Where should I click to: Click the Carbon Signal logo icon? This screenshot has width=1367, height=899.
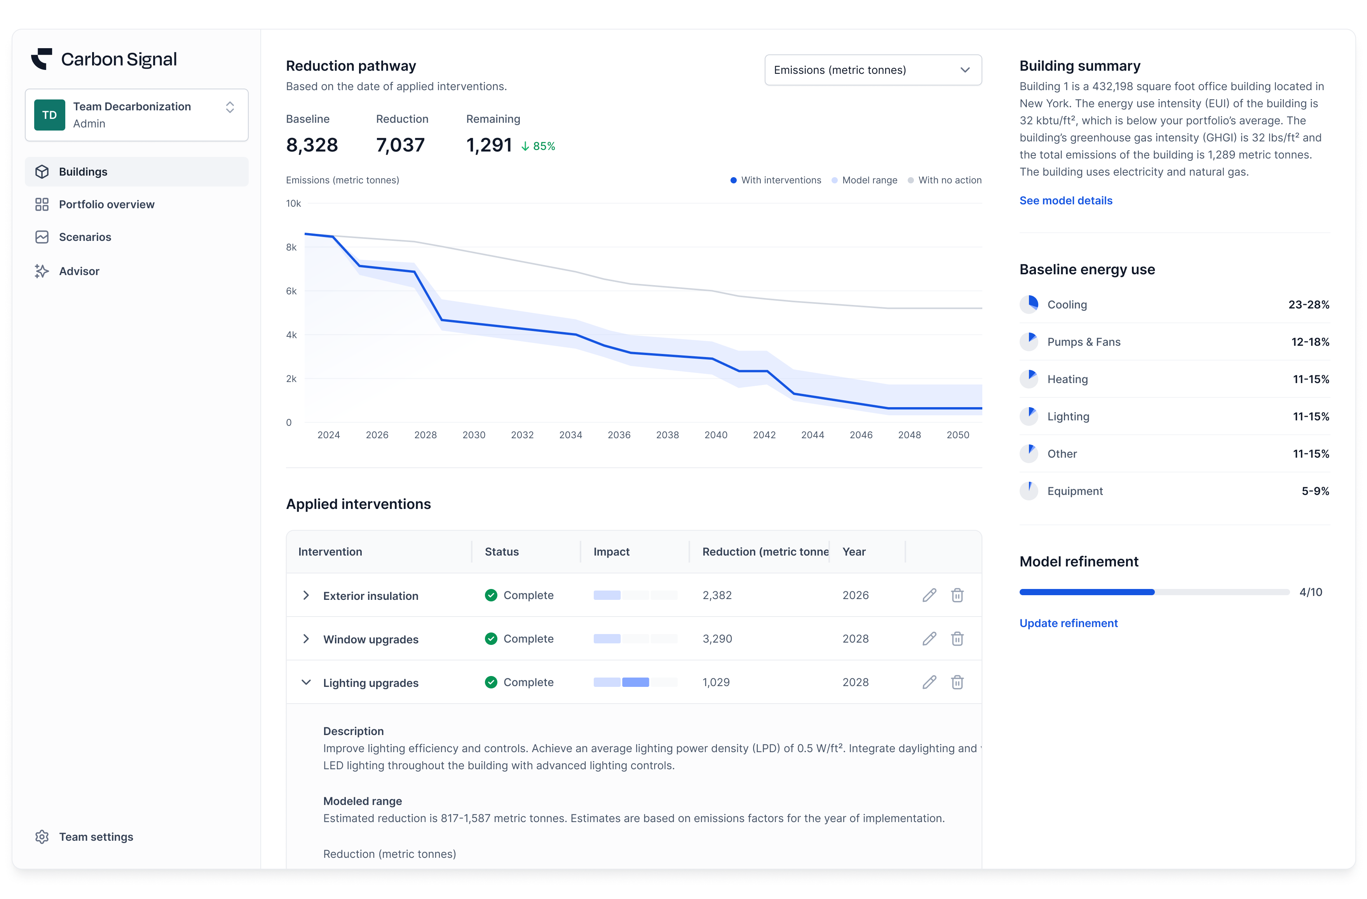41,59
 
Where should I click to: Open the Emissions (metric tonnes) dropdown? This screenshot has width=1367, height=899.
872,70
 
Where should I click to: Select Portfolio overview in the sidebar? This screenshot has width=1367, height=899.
106,204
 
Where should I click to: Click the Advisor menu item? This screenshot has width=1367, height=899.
79,271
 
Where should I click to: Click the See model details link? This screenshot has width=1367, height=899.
1065,200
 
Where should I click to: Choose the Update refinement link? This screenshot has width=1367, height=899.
1068,623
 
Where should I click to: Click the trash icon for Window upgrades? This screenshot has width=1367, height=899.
957,639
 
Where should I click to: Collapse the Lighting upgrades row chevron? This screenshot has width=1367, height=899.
306,683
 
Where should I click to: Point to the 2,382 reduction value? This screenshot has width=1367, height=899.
717,595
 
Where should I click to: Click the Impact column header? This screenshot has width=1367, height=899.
611,551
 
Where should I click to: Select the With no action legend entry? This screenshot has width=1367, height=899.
949,180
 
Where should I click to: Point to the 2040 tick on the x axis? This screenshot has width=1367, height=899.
716,435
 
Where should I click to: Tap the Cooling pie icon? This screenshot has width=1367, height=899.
1029,305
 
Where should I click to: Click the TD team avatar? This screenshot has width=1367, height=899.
49,115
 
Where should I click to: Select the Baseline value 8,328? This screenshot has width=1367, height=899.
312,145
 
